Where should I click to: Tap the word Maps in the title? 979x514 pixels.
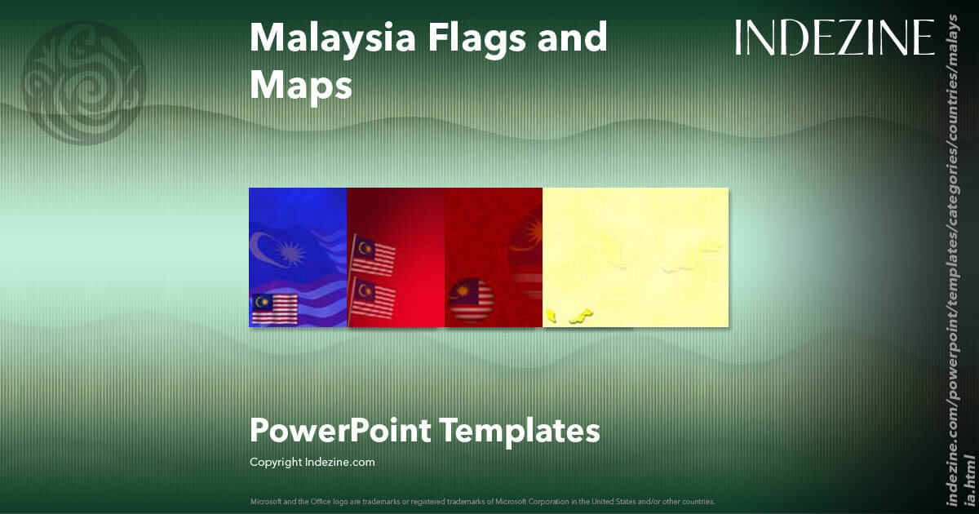(x=300, y=84)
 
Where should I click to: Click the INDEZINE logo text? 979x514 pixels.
(x=835, y=38)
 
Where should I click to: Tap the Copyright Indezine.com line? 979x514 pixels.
(x=312, y=462)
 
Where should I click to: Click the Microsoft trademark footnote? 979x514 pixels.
(x=482, y=501)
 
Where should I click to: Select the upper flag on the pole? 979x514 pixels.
(x=374, y=256)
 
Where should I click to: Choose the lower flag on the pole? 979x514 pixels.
(x=374, y=298)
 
